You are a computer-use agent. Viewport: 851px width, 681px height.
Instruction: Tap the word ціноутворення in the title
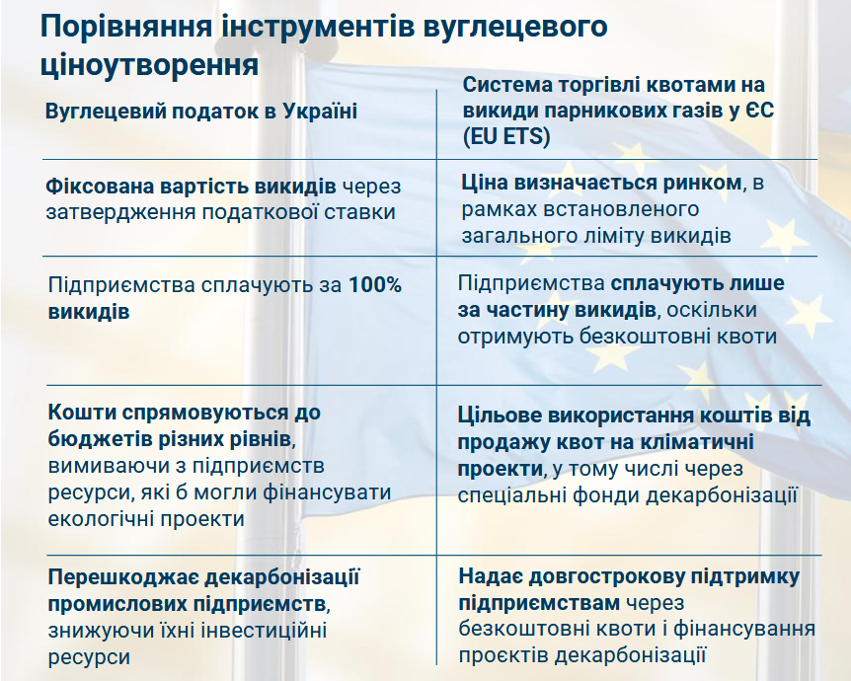click(x=150, y=65)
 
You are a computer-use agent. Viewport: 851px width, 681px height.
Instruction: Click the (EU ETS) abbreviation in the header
click(x=506, y=135)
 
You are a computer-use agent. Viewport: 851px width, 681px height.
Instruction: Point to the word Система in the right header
click(x=501, y=85)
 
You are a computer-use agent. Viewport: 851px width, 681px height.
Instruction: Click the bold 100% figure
click(x=375, y=285)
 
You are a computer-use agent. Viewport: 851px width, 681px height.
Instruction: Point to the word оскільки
click(x=712, y=310)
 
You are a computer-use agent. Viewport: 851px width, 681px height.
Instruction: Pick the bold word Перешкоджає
click(x=122, y=576)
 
